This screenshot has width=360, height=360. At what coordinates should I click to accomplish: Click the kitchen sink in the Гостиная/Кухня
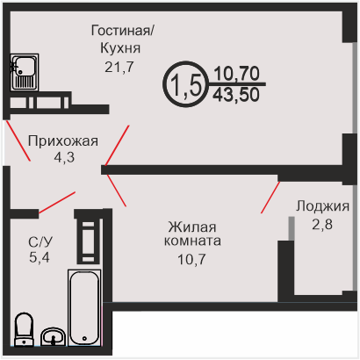point(25,72)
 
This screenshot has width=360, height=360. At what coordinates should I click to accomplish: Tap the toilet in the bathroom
point(24,329)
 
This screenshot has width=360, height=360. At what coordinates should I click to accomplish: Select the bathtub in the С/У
point(84,307)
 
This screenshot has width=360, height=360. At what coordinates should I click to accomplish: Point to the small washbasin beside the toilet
point(53,337)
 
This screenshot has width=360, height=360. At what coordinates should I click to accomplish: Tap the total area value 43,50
point(236,95)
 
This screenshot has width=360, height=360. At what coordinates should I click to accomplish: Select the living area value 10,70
point(237,73)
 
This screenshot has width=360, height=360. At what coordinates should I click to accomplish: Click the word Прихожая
point(63,141)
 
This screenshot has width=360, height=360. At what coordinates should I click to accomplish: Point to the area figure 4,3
point(64,157)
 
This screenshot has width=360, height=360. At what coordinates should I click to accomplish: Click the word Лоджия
point(322,206)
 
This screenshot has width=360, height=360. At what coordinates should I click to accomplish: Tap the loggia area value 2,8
point(322,225)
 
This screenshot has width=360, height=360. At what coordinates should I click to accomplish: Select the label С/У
point(40,242)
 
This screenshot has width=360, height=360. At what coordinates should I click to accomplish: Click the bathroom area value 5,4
point(40,257)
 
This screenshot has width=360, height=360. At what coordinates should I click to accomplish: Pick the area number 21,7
point(119,68)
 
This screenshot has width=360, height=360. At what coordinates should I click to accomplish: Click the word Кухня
point(120,48)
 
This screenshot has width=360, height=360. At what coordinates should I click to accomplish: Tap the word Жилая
point(192,227)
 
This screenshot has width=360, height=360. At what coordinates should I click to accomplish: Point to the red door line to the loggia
point(270,198)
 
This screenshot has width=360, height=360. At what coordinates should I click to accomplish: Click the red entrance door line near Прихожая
point(18,140)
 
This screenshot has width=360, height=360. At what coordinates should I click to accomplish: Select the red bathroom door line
point(57,202)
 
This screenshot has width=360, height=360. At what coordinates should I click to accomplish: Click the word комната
point(192,241)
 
